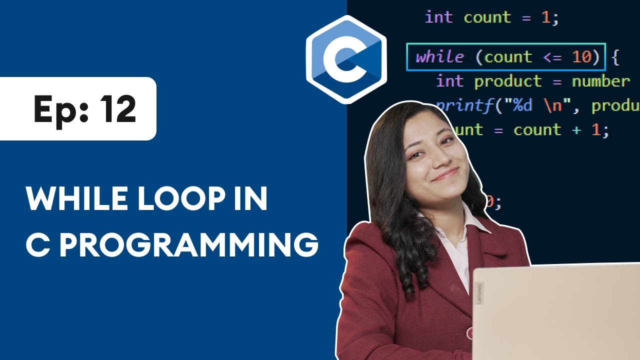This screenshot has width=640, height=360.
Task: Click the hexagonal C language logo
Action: (x=346, y=59)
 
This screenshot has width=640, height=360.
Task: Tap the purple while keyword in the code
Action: (x=439, y=57)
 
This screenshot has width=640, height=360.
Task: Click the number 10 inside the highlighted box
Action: (x=581, y=57)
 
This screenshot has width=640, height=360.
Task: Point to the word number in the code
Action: (x=600, y=81)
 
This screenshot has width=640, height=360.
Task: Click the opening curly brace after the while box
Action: (x=615, y=57)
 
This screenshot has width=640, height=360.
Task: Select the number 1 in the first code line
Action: (x=545, y=18)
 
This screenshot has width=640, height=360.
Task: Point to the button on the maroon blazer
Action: (x=470, y=332)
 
